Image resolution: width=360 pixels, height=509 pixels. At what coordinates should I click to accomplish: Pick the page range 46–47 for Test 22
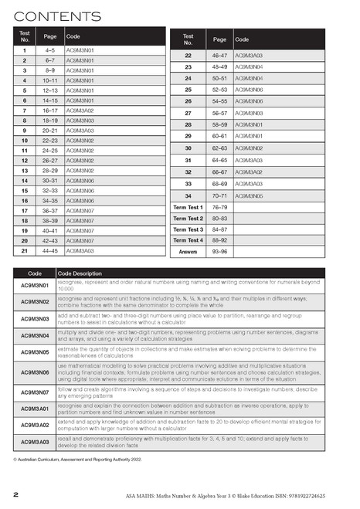click(220, 56)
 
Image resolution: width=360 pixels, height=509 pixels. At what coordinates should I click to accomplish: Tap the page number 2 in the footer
click(16, 493)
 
